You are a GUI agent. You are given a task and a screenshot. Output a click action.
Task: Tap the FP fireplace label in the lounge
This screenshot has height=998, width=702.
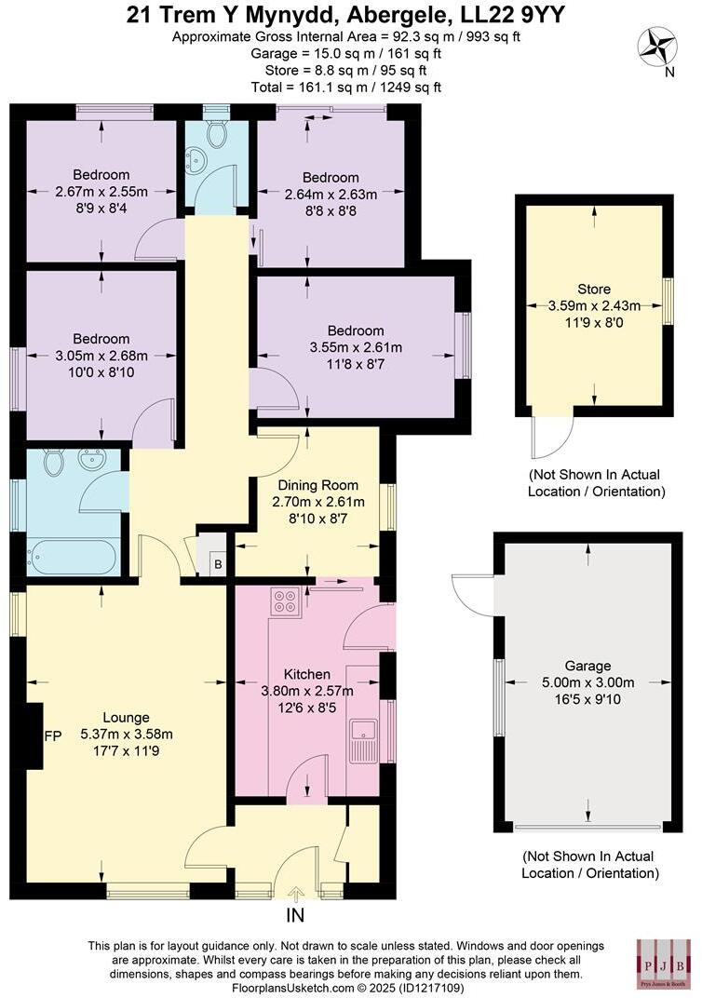[x=53, y=735]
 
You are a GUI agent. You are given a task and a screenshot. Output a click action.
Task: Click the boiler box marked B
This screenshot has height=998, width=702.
[x=218, y=563]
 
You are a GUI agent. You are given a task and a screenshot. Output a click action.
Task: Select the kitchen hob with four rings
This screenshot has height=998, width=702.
[x=284, y=602]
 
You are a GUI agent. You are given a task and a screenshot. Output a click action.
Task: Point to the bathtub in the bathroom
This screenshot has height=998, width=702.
[x=72, y=559]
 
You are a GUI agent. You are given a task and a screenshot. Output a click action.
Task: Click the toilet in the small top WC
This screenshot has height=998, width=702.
[x=217, y=134]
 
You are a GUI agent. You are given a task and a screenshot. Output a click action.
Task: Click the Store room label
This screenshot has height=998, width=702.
[x=593, y=289]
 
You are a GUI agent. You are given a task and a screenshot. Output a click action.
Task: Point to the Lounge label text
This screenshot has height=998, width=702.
[x=126, y=717]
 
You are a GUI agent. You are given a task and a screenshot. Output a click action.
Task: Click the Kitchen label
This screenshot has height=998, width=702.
[x=306, y=674]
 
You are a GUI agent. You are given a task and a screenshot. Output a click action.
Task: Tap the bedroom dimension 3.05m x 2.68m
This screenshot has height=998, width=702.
[x=101, y=355]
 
